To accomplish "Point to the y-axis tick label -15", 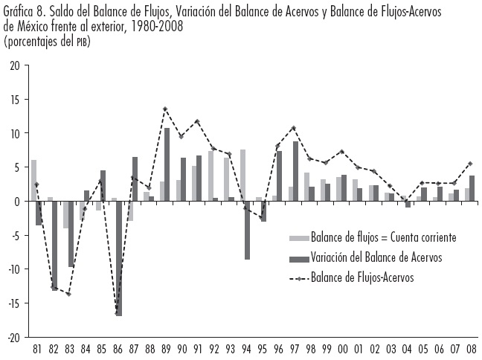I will pos(13,303).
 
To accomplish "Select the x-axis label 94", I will pos(245,347).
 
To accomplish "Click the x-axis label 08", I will pos(471,347).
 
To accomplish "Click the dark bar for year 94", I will pos(248,230).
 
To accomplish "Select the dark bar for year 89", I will pos(167,164).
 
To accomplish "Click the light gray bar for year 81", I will pos(33,181).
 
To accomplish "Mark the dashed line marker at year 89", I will pos(164,109).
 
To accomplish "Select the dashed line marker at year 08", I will pos(471,164).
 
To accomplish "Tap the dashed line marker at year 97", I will pos(294,128).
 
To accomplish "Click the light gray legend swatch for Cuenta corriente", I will pos(300,238).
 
